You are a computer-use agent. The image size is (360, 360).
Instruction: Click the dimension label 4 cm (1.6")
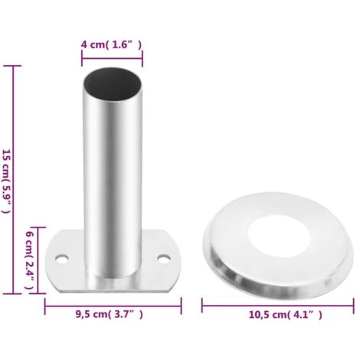[x=111, y=44]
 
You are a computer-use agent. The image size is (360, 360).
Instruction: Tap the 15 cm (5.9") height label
[x=6, y=181]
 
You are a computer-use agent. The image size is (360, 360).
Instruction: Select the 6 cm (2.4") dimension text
[x=30, y=260]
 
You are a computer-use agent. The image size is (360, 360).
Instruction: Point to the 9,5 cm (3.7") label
[x=110, y=314]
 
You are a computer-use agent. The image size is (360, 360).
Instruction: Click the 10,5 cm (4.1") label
[x=286, y=315]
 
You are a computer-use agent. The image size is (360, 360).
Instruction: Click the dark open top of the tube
[x=113, y=83]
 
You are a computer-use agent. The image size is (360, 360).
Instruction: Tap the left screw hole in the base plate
[x=62, y=259]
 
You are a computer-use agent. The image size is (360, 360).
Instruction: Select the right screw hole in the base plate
[x=164, y=259]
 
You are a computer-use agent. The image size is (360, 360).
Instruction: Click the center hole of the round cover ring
[x=280, y=237]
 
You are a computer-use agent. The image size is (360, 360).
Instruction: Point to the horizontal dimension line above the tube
[x=112, y=58]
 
